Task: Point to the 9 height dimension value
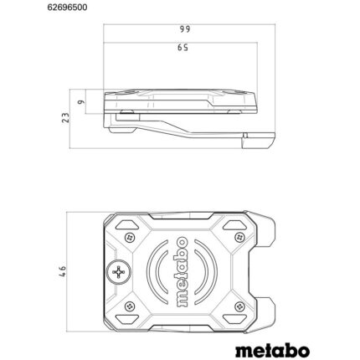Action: (x=80, y=103)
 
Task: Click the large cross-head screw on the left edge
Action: (x=116, y=272)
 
